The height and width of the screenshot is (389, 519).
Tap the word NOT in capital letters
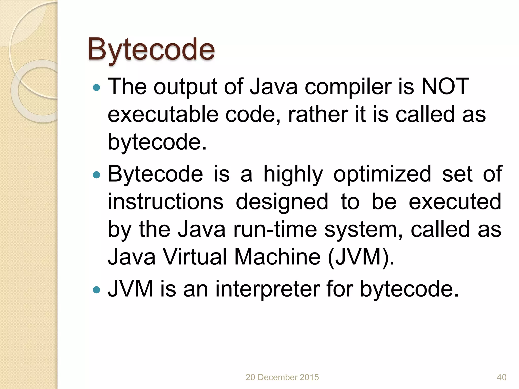click(445, 87)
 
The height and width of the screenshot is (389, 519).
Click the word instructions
click(166, 202)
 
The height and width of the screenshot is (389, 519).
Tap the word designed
click(282, 202)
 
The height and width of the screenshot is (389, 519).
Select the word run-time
click(275, 229)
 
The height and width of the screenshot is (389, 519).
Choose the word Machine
click(277, 257)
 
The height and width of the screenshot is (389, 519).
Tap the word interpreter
click(268, 289)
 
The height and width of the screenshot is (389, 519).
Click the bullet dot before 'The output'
click(97, 88)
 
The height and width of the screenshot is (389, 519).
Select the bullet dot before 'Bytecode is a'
click(97, 175)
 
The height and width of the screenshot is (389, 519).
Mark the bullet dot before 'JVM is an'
click(97, 290)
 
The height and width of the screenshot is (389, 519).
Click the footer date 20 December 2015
click(282, 377)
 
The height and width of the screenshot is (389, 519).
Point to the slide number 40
click(502, 377)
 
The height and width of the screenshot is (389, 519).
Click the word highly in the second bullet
click(293, 174)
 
